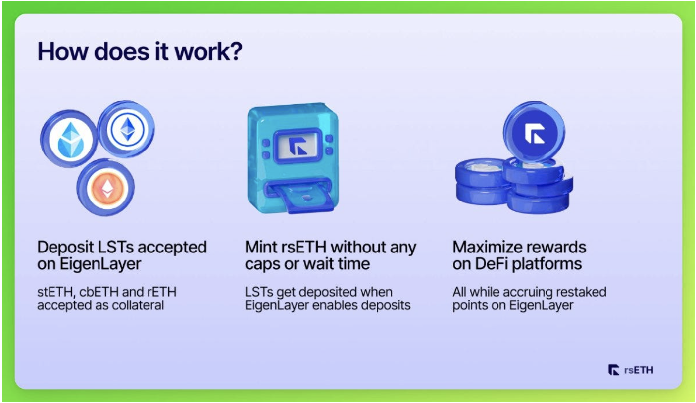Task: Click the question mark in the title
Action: (x=236, y=51)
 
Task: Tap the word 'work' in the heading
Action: (x=202, y=51)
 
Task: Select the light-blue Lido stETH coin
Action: (x=69, y=139)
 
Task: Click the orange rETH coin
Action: (x=106, y=187)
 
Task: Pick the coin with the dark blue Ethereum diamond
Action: (x=126, y=129)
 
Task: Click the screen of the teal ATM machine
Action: (x=298, y=146)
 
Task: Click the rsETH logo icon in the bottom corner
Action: (x=614, y=370)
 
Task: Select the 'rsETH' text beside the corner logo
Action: (x=639, y=370)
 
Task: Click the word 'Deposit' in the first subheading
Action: (x=65, y=248)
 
